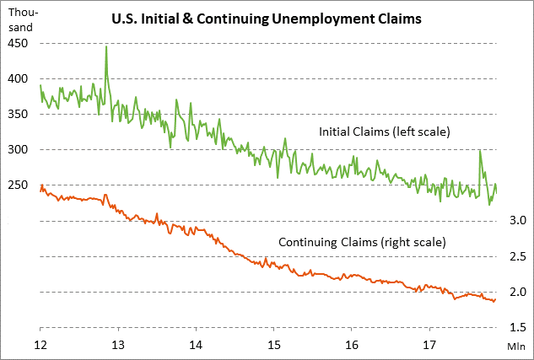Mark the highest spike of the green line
tap(106, 47)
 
